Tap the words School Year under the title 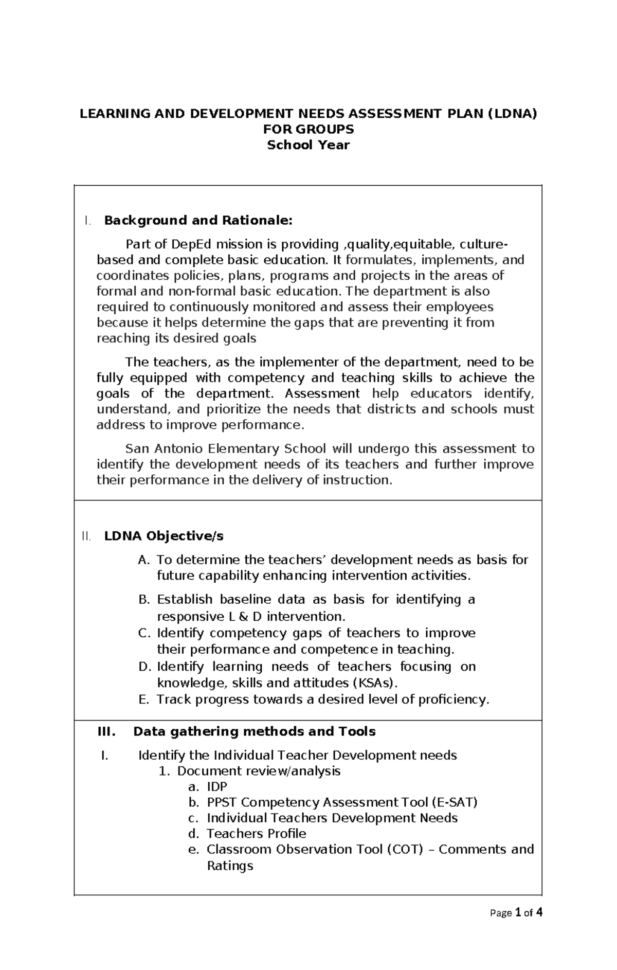tap(308, 145)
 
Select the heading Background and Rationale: tap(198, 221)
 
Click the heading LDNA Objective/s tap(164, 536)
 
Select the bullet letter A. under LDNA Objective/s tap(143, 560)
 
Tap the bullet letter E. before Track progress tap(144, 699)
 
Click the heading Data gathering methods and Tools tap(254, 731)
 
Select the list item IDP tap(216, 787)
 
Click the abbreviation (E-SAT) tap(455, 802)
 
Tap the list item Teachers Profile tap(256, 834)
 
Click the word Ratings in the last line tap(230, 866)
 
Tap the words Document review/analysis tap(259, 771)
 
